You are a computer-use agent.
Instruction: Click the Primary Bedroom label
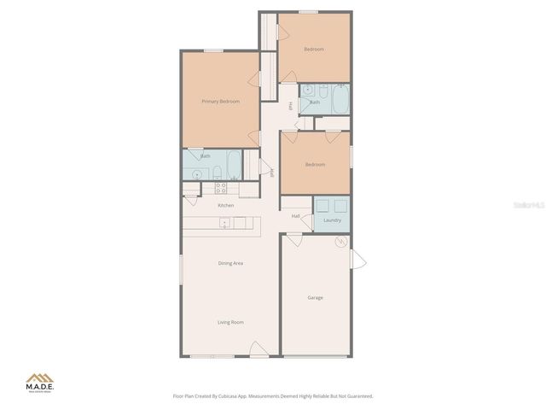(220, 102)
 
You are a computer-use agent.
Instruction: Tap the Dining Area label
(230, 263)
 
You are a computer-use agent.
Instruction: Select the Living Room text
(230, 322)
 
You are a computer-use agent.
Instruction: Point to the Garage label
(315, 297)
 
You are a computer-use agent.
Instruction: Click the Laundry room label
(332, 220)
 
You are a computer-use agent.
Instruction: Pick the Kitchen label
(225, 205)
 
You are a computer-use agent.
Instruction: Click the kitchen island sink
(225, 223)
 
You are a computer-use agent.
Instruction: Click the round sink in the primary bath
(197, 174)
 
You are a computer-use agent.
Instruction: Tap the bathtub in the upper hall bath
(340, 100)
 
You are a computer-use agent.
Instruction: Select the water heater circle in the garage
(340, 243)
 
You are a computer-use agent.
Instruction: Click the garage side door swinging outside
(357, 258)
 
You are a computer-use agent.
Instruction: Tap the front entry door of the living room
(257, 349)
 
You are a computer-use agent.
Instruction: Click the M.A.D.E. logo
(39, 382)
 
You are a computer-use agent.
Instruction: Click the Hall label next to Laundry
(295, 216)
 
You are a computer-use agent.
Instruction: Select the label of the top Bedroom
(314, 50)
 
